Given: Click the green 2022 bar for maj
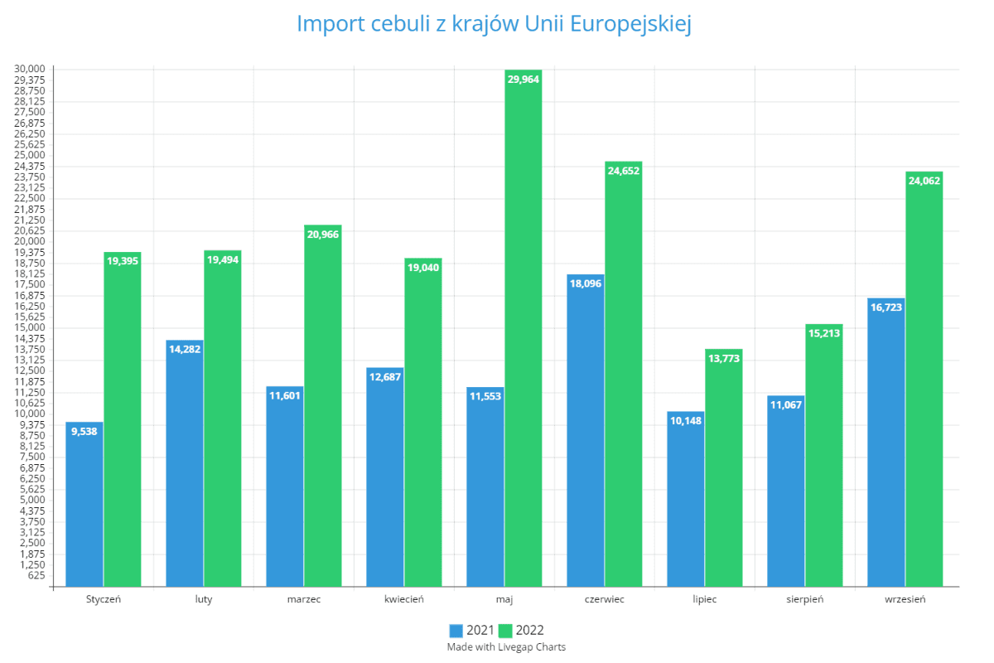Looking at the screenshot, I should (523, 331).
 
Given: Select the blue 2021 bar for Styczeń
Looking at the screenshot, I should (84, 506).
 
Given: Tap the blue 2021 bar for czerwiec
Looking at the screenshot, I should (586, 431).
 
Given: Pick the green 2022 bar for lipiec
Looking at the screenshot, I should (723, 468).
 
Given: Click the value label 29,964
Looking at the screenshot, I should (523, 80).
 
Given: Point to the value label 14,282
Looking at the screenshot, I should (185, 349).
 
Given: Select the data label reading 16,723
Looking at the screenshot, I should (886, 307).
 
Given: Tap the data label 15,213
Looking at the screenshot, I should (823, 333).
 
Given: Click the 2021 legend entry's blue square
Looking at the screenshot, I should (457, 631).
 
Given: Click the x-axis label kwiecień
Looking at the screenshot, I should (404, 599).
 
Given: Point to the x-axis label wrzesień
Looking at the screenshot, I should (905, 599).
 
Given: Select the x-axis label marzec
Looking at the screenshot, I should (304, 599).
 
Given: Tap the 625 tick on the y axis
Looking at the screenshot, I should (37, 576).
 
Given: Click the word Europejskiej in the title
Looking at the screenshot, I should (629, 24).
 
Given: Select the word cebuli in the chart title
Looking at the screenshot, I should (403, 24).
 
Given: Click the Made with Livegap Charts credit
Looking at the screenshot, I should (506, 646).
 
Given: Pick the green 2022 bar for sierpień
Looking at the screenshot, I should (823, 456).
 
